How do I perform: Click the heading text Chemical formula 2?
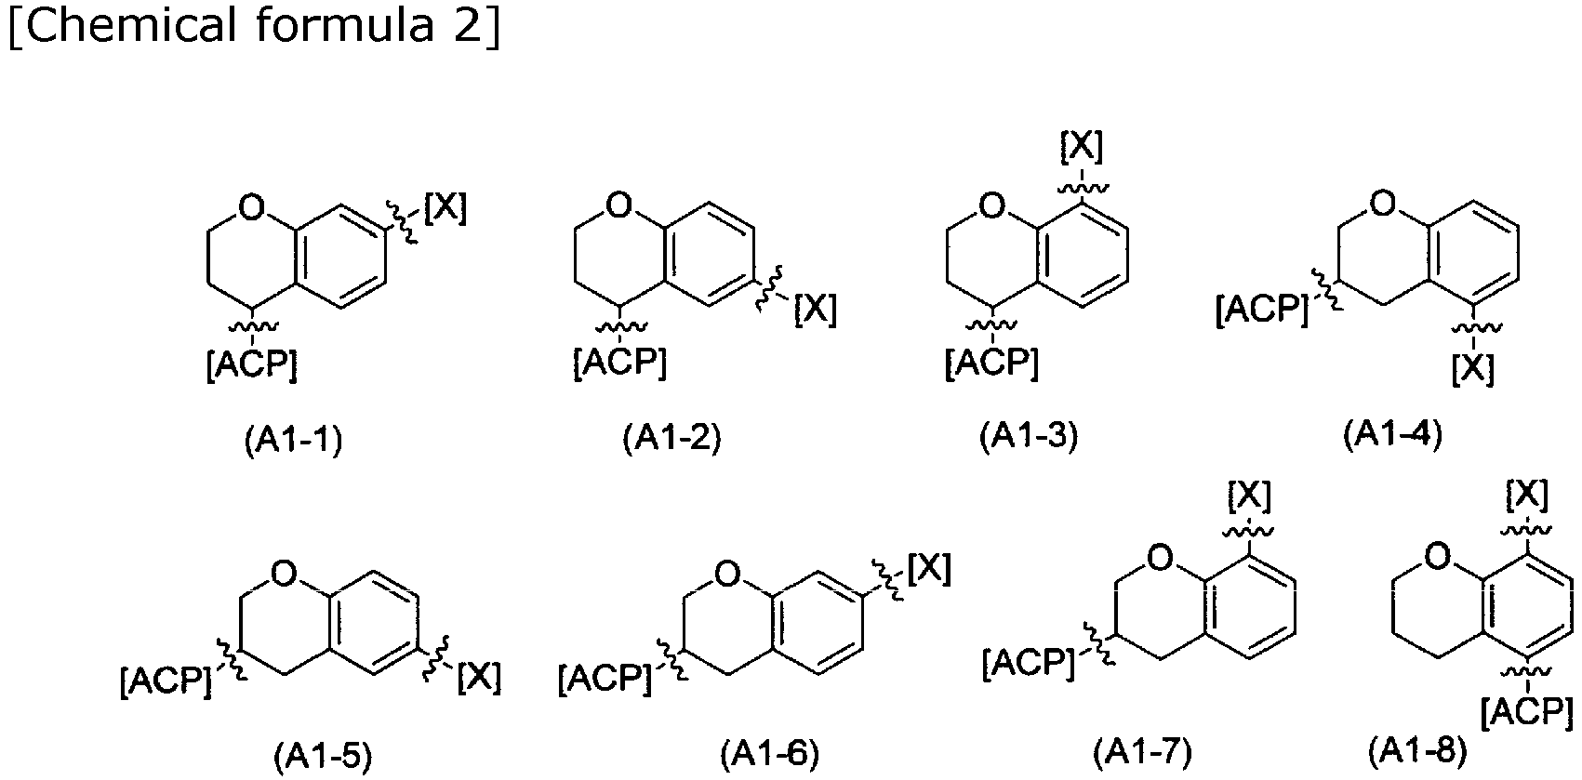[x=254, y=25]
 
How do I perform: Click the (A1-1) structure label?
[x=294, y=442]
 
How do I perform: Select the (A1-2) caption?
[x=671, y=439]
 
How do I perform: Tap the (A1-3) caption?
[x=1029, y=437]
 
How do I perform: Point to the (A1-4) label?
[x=1392, y=434]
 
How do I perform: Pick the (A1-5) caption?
[x=323, y=757]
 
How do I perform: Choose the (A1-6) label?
[x=770, y=755]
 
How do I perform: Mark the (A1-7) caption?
[x=1143, y=752]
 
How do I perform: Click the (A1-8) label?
[x=1417, y=751]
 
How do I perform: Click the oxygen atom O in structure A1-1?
[x=252, y=207]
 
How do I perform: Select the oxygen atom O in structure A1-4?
[x=1383, y=204]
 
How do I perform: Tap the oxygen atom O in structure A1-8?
[x=1438, y=557]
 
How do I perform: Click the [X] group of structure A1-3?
[x=1082, y=147]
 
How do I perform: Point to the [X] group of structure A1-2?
[x=816, y=310]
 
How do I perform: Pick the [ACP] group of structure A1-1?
[x=252, y=365]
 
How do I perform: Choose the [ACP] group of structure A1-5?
[x=166, y=681]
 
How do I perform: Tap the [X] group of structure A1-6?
[x=929, y=569]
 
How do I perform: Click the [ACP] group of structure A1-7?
[x=1029, y=663]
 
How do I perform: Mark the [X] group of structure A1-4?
[x=1473, y=369]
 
